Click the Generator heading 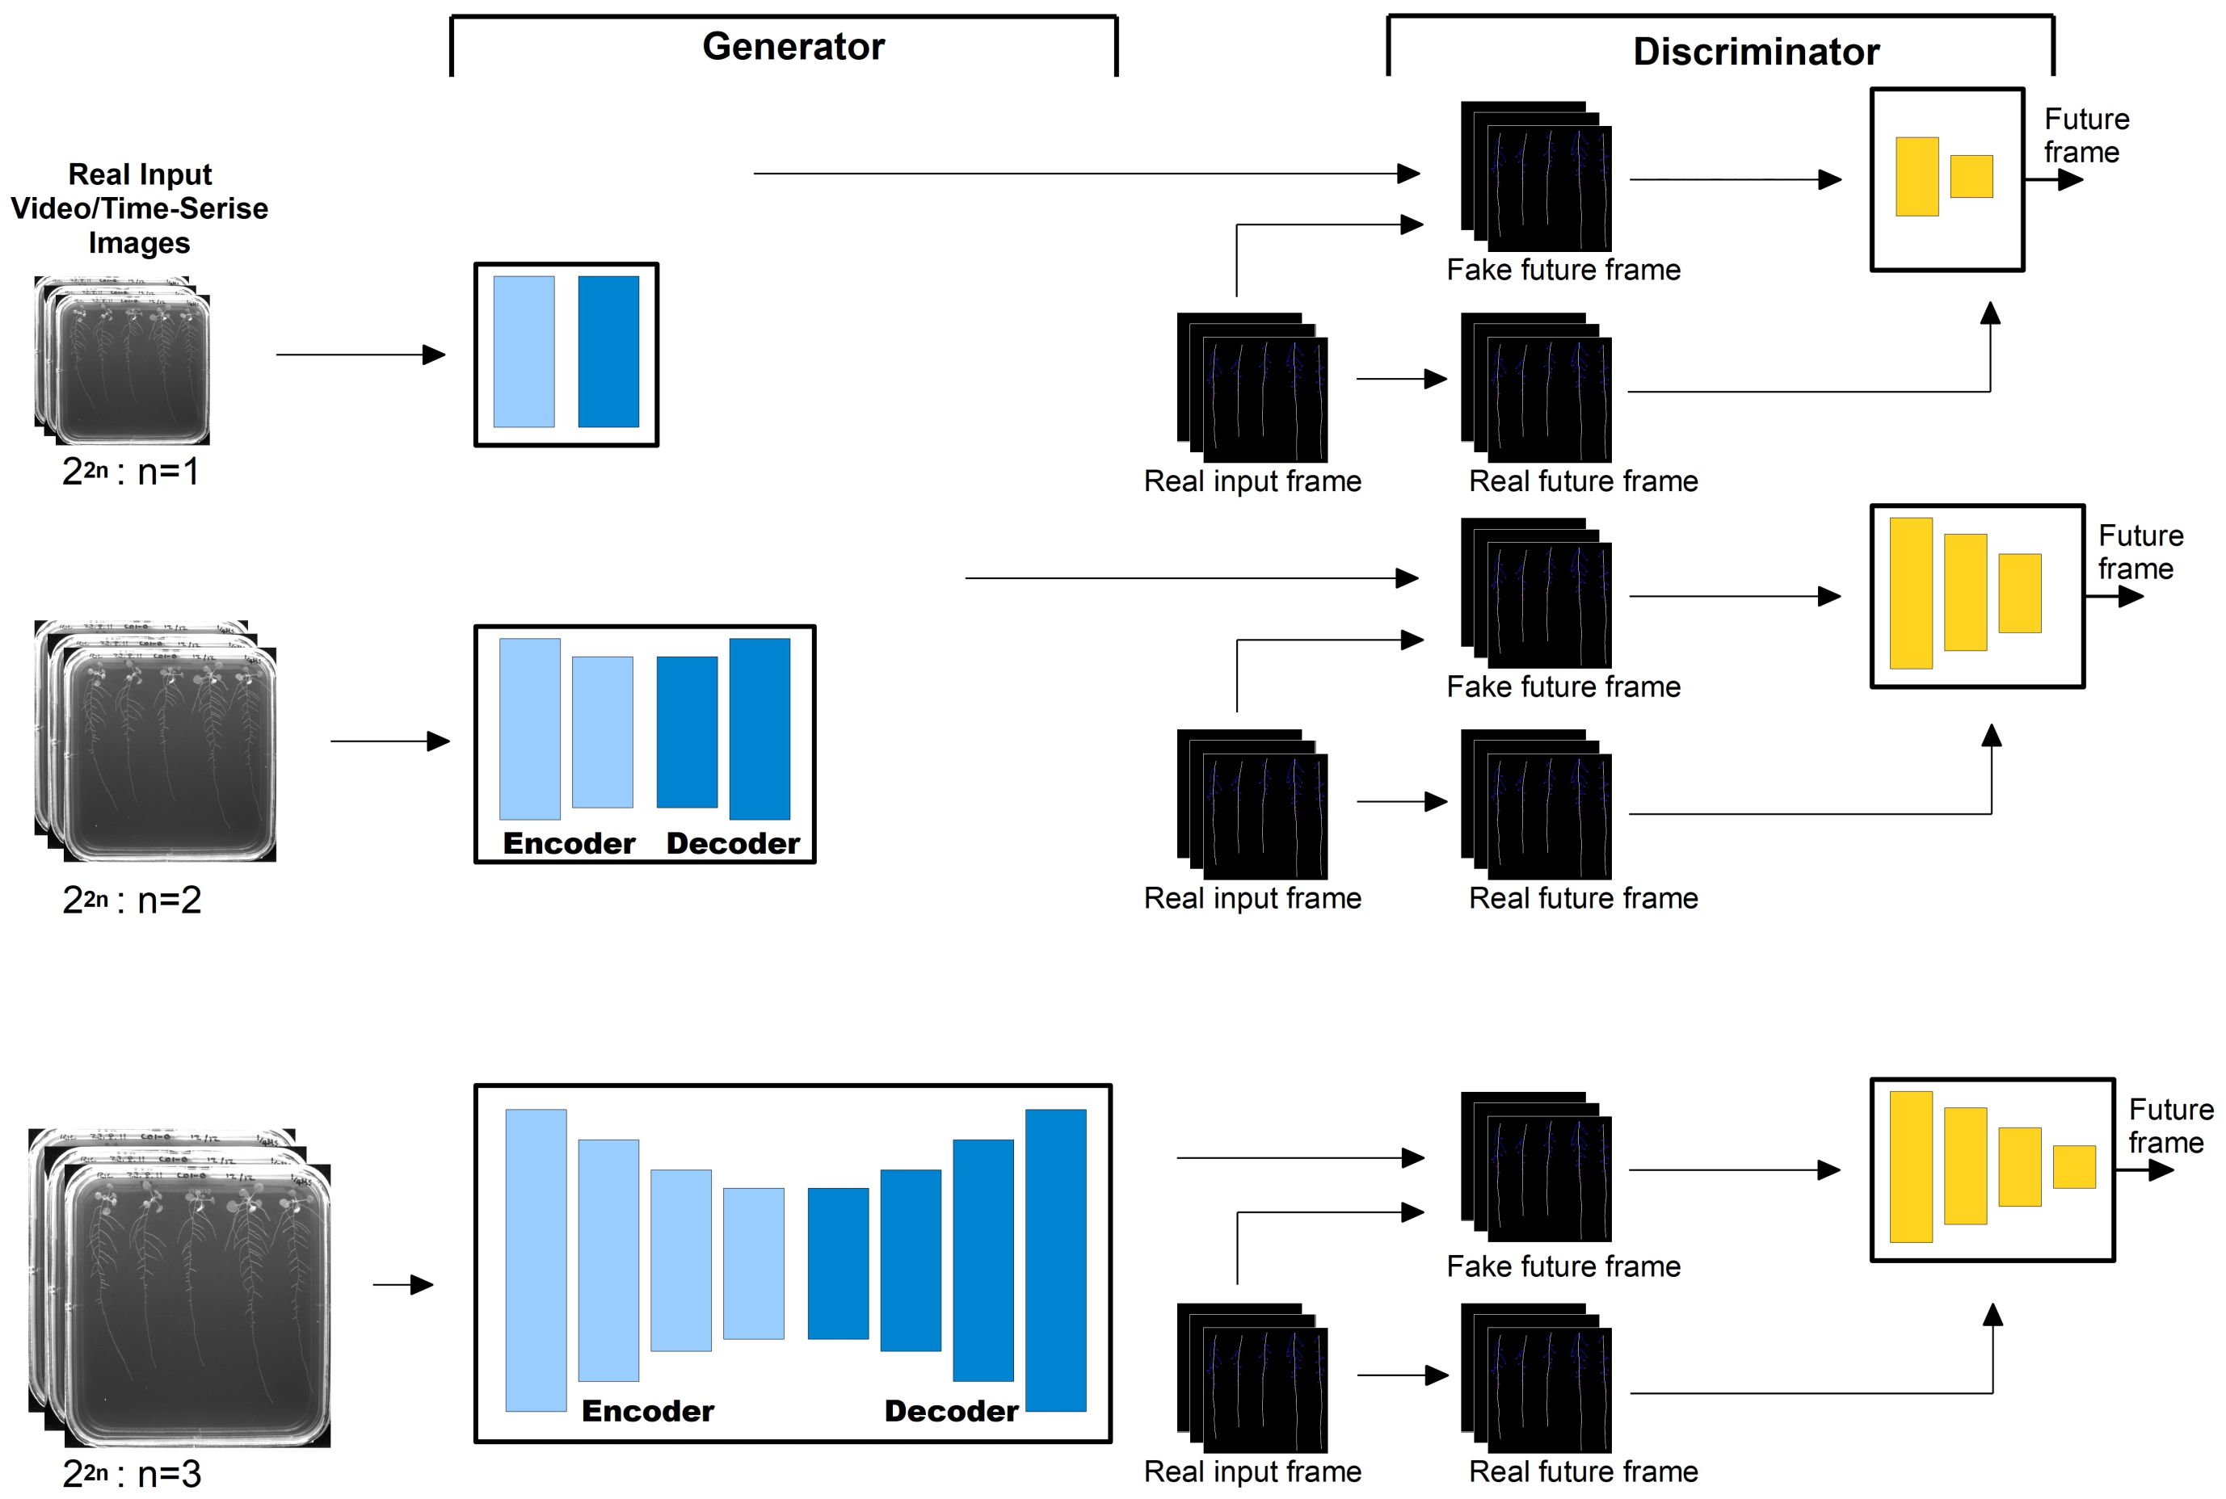click(793, 46)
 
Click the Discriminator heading click(1755, 52)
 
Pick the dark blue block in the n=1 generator click(608, 352)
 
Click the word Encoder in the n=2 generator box click(569, 843)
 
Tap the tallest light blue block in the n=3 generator click(536, 1260)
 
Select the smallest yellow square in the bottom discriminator click(2074, 1166)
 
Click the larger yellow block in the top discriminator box click(1917, 177)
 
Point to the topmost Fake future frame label click(1563, 270)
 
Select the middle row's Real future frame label click(1583, 897)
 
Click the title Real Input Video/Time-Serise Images click(140, 208)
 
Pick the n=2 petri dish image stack click(156, 741)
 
